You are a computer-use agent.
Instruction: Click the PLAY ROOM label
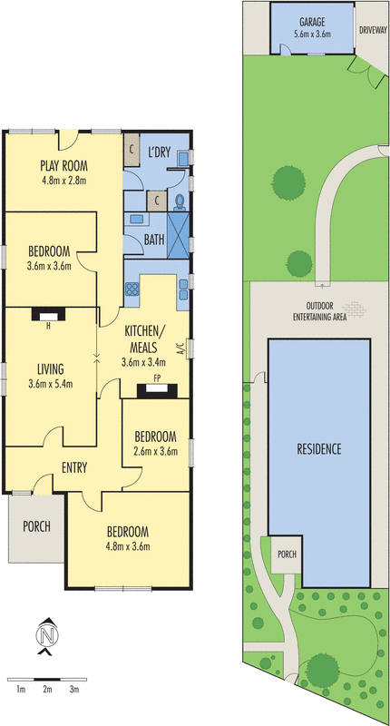point(63,165)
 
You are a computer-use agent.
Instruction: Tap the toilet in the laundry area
point(180,201)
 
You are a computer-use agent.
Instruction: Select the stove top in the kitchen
point(132,289)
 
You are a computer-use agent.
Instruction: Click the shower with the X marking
point(179,235)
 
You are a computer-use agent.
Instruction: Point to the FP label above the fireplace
point(157,378)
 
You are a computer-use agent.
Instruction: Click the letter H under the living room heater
point(48,326)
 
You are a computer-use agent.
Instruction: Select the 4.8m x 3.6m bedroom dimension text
point(128,546)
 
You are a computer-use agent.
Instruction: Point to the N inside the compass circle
point(47,636)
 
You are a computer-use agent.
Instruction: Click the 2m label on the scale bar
point(47,690)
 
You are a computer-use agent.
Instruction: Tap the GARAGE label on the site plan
point(312,22)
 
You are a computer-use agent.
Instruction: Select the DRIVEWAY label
point(373,31)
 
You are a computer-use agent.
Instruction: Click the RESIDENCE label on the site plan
point(319,448)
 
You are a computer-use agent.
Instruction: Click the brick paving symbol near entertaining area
point(354,309)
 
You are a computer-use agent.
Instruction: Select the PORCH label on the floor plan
point(36,526)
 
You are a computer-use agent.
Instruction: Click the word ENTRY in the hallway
point(74,468)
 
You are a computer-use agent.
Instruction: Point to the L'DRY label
point(160,152)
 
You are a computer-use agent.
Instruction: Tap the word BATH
point(154,240)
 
